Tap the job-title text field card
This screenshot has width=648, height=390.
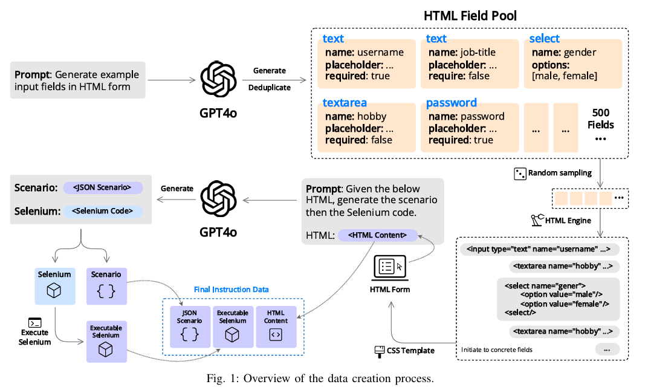pyautogui.click(x=469, y=63)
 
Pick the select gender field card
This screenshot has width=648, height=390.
pyautogui.click(x=572, y=63)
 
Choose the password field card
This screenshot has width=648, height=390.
pyautogui.click(x=469, y=128)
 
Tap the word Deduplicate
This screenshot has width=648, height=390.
pyautogui.click(x=269, y=88)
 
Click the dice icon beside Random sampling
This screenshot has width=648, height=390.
pyautogui.click(x=519, y=174)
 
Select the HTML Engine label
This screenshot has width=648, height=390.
pyautogui.click(x=568, y=221)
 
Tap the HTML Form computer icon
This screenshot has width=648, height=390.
pyautogui.click(x=389, y=267)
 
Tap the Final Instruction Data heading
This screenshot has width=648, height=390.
pyautogui.click(x=232, y=290)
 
